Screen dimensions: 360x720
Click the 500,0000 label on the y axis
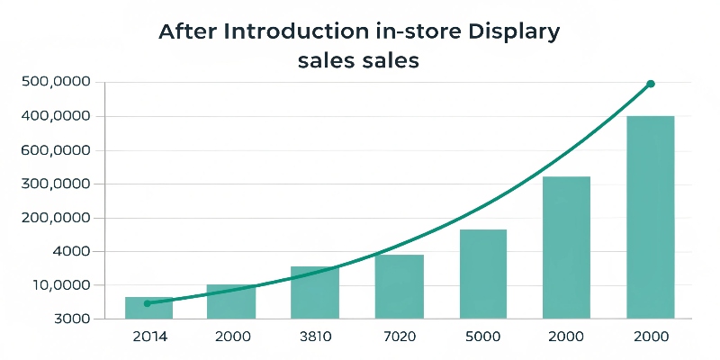click(57, 83)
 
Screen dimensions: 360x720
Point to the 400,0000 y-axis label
click(57, 116)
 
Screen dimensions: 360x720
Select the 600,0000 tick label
click(57, 150)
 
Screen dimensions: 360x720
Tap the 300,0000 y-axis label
click(57, 184)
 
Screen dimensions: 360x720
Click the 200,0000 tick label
click(57, 218)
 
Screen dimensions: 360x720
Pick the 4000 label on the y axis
click(70, 252)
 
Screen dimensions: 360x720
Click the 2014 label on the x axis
click(148, 337)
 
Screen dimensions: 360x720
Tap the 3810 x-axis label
click(315, 337)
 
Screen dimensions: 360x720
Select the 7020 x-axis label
click(399, 337)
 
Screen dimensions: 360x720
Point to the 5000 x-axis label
click(483, 337)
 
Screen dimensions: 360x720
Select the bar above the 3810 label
click(315, 292)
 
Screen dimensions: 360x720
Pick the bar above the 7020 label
click(399, 286)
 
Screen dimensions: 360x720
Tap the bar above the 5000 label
click(483, 274)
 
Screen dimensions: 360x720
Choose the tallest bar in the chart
click(650, 217)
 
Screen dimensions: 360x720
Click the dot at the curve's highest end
click(651, 84)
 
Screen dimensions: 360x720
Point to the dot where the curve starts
click(147, 303)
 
